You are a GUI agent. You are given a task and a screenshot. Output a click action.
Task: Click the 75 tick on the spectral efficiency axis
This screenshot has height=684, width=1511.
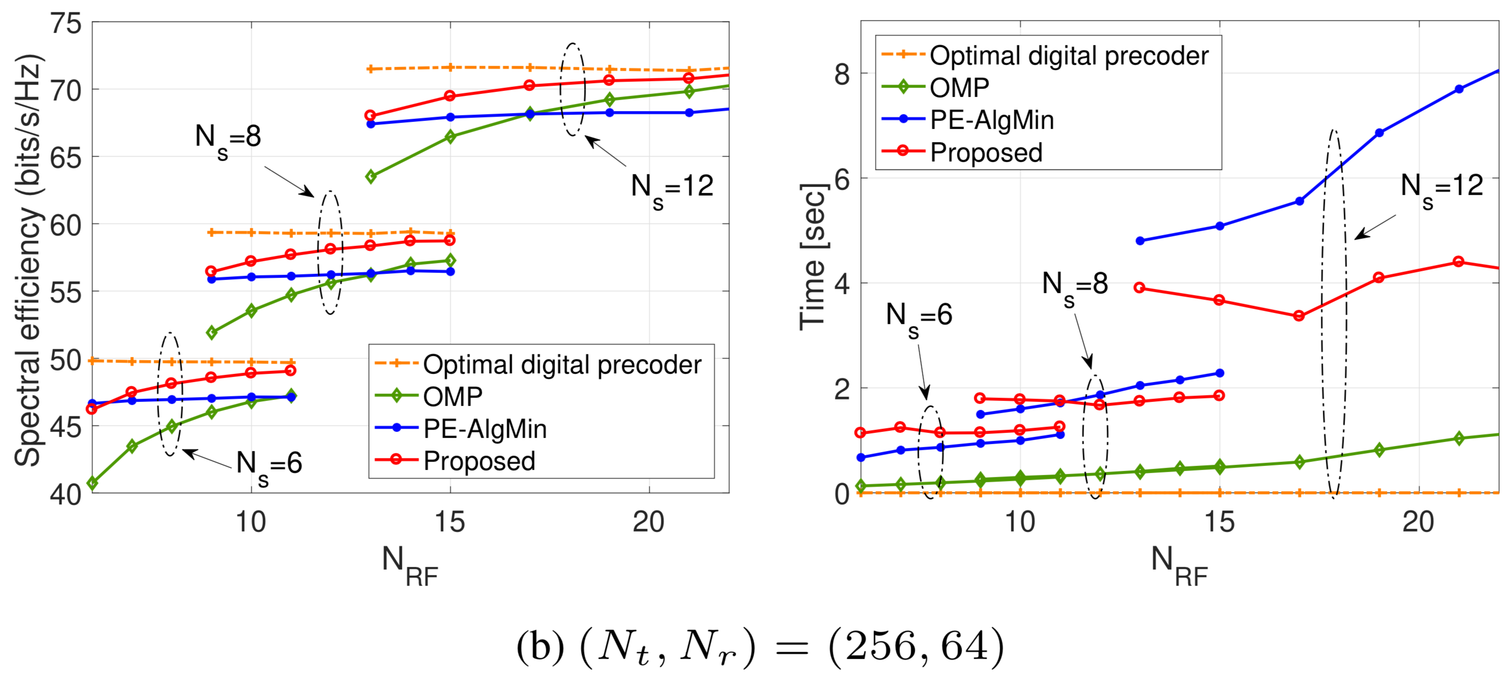(x=66, y=24)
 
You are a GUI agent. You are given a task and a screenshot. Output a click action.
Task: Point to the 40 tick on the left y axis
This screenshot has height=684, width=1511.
(x=66, y=494)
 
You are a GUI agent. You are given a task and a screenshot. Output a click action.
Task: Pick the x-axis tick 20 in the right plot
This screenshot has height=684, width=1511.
(x=1418, y=522)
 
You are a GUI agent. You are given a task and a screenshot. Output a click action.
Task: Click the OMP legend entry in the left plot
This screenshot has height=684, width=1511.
(x=452, y=397)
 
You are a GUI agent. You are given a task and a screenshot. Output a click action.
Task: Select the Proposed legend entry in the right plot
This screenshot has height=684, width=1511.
(x=986, y=152)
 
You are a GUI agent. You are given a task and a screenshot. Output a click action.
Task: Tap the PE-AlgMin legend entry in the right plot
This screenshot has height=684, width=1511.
(x=991, y=120)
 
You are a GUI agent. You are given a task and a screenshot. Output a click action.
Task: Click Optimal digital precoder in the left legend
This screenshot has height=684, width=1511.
(x=562, y=364)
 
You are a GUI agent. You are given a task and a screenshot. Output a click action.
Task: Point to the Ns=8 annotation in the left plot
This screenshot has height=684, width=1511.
(x=228, y=139)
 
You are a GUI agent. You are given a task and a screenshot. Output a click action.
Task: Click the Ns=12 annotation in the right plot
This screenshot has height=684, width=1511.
(x=1441, y=188)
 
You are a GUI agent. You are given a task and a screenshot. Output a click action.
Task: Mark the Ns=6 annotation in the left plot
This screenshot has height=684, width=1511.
(x=269, y=465)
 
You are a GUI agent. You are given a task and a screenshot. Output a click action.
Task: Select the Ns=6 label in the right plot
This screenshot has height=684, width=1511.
(x=919, y=317)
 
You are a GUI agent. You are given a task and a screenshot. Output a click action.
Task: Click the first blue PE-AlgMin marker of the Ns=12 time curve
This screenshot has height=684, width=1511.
(x=1140, y=241)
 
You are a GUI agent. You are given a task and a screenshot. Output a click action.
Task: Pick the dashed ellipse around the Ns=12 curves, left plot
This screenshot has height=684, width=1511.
(x=572, y=89)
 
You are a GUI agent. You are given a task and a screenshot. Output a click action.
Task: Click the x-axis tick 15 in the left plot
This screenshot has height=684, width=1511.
(x=450, y=522)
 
